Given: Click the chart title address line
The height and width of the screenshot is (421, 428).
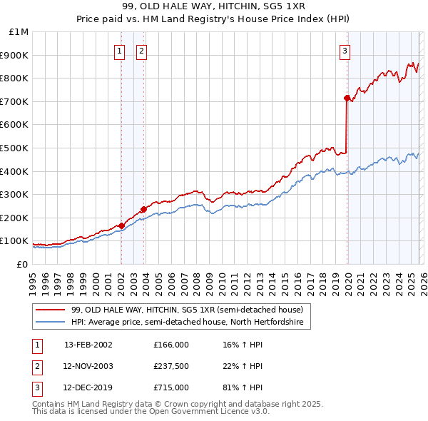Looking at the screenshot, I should coord(213,6).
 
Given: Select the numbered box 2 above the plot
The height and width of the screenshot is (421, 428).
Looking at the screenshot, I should coord(141,51).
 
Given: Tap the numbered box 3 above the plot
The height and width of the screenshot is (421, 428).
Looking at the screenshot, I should coord(345,51).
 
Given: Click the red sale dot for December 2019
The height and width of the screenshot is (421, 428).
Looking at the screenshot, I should coord(347,98).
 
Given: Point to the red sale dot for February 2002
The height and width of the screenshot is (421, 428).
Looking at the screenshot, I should coord(121,225).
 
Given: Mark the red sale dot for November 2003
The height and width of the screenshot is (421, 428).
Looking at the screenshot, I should coord(143,209).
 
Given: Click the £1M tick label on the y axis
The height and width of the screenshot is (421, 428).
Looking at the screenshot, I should coord(19,32).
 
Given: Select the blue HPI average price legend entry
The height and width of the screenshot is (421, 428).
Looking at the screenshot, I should coord(187,323).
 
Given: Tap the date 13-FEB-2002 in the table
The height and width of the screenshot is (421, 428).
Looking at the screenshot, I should coord(88,345).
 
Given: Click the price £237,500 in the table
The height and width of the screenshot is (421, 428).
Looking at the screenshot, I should coord(171,366).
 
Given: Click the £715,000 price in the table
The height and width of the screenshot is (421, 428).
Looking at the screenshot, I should coord(171,387).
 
